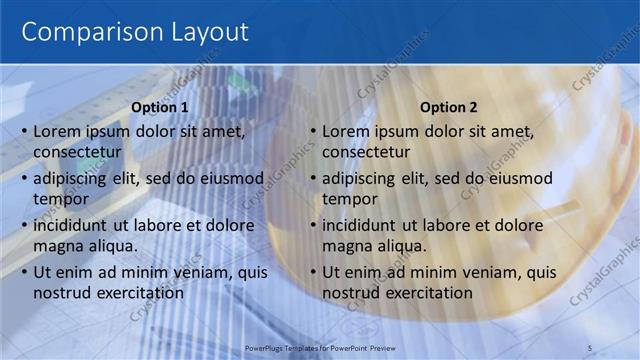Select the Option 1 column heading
(x=160, y=107)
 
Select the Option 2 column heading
(x=449, y=107)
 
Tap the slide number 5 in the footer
(x=590, y=347)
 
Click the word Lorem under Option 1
(x=57, y=131)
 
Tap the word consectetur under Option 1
(x=78, y=152)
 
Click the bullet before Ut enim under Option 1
(x=23, y=272)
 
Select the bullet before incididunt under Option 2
(x=312, y=225)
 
